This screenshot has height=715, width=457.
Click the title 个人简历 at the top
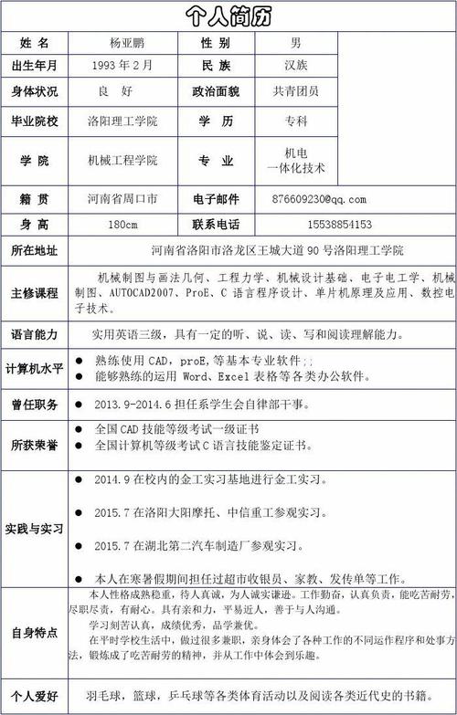228,16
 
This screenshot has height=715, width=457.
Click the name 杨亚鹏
127,43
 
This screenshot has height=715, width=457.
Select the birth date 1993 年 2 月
122,66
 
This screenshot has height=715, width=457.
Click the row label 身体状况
34,91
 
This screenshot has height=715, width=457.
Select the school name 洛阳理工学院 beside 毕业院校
122,121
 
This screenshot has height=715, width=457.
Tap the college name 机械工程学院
122,161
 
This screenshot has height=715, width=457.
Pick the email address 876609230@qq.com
319,199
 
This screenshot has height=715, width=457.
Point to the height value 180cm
122,224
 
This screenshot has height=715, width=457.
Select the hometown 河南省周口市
122,199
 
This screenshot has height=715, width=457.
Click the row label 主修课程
34,293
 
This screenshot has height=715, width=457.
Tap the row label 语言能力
34,334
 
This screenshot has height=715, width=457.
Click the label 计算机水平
34,368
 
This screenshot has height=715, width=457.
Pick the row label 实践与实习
34,529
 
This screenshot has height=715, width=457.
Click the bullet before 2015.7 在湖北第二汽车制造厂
79,546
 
